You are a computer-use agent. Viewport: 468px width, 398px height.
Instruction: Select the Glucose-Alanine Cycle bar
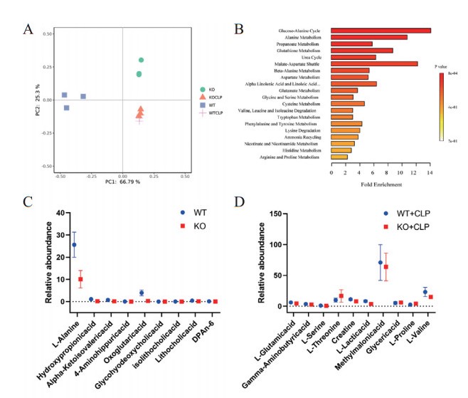click(x=381, y=31)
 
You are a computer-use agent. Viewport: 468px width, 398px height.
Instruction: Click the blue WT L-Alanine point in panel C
click(x=74, y=245)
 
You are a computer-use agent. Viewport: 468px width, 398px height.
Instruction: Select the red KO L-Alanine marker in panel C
click(x=81, y=279)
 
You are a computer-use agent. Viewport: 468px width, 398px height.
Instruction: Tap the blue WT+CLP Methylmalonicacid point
click(x=380, y=263)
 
